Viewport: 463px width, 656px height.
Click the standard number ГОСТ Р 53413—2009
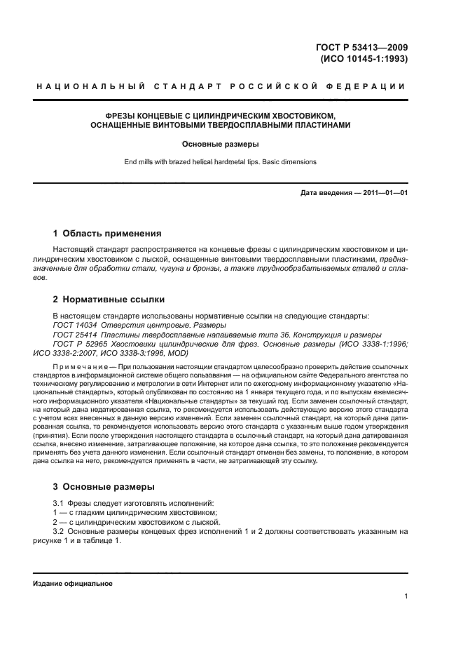[x=363, y=48]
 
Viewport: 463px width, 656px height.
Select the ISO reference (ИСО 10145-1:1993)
[x=364, y=59]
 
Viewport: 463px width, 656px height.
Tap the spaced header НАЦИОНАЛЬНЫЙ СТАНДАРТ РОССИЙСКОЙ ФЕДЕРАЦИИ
[x=220, y=86]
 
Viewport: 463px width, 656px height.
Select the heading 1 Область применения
[x=107, y=233]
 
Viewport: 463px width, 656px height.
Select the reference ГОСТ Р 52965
[x=78, y=344]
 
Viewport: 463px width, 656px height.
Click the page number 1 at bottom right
[x=406, y=596]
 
